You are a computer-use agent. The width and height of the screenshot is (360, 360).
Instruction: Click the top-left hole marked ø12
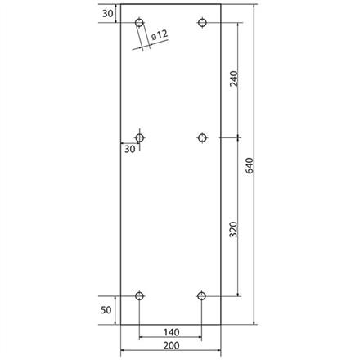140,22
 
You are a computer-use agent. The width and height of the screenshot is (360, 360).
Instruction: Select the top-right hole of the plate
202,22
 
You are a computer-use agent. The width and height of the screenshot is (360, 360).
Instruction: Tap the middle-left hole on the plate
140,137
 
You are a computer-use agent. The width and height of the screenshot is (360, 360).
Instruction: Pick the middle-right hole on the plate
202,137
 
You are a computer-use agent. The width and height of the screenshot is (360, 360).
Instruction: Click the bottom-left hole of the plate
140,295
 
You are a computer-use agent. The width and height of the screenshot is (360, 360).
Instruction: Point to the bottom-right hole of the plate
202,295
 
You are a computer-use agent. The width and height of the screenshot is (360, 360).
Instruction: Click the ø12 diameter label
160,34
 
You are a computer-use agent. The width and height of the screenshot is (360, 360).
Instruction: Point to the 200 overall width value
170,347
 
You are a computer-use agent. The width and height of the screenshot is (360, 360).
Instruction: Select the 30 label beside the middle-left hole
128,149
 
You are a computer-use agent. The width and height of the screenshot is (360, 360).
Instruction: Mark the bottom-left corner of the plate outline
120,324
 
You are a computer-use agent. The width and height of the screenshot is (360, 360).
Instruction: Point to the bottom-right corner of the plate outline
221,324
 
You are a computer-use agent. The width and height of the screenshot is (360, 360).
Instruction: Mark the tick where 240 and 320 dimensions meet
238,137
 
